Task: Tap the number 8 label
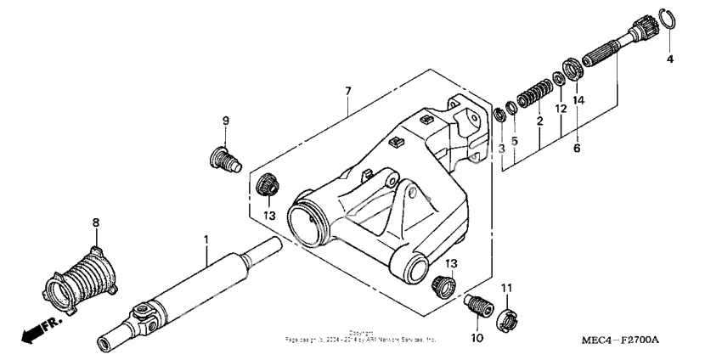click(96, 222)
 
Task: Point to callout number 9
click(226, 121)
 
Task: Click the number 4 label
click(669, 59)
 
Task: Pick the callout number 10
click(475, 338)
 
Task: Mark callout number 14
click(579, 99)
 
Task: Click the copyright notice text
click(361, 336)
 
